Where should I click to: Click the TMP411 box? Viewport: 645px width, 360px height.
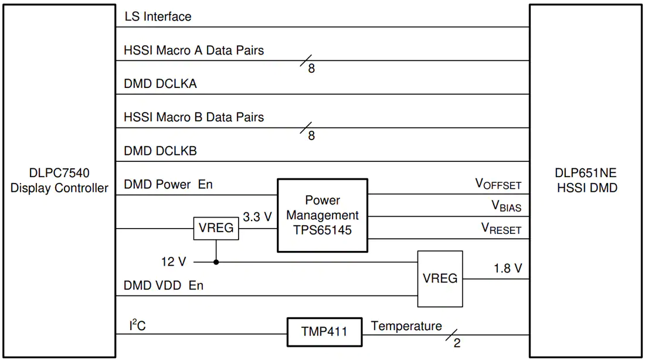(325, 332)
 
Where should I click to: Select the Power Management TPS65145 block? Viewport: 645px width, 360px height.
(322, 215)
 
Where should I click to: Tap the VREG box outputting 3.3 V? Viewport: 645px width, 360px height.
(216, 228)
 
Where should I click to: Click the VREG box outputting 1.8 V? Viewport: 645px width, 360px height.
(440, 279)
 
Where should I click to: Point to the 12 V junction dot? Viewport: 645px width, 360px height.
(216, 262)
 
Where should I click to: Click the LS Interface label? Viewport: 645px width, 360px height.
(158, 16)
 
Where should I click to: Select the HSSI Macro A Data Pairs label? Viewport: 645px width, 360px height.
(193, 50)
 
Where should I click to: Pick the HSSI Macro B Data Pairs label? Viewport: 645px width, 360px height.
(193, 117)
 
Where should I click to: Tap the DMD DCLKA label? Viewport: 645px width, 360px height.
(161, 84)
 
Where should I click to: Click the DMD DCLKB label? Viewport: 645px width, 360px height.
(161, 151)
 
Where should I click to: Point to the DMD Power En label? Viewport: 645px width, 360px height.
(168, 184)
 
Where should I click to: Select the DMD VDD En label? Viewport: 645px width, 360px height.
(164, 286)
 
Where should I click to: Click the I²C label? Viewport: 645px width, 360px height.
(137, 325)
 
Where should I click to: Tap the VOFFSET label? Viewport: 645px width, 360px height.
(498, 184)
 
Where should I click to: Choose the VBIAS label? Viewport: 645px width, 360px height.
(507, 206)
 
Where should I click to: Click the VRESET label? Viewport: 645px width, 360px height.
(501, 228)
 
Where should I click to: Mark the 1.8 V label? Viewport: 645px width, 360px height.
(508, 269)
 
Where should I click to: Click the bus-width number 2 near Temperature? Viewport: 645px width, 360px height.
(457, 343)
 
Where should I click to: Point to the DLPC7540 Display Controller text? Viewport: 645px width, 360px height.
(59, 180)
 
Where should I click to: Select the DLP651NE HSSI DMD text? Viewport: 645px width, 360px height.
(587, 180)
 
